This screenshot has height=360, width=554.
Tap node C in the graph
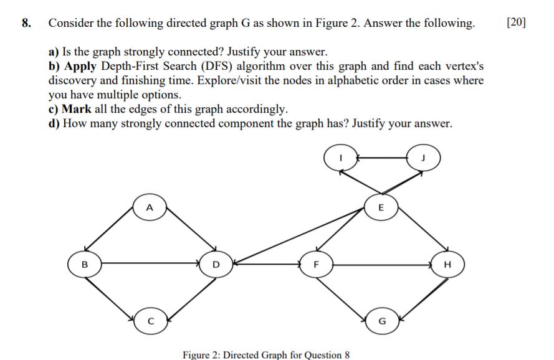(x=149, y=321)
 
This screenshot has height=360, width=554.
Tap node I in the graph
(x=340, y=158)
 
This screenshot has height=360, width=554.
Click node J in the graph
(x=424, y=158)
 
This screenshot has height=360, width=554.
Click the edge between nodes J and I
(x=381, y=158)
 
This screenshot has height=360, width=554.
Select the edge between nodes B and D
(x=150, y=263)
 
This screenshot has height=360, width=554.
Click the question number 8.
(x=26, y=24)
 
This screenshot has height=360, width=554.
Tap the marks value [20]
(x=516, y=24)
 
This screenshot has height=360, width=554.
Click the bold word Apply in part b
(x=79, y=66)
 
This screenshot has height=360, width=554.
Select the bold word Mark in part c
(x=77, y=109)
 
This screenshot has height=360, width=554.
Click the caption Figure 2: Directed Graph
(x=262, y=354)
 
